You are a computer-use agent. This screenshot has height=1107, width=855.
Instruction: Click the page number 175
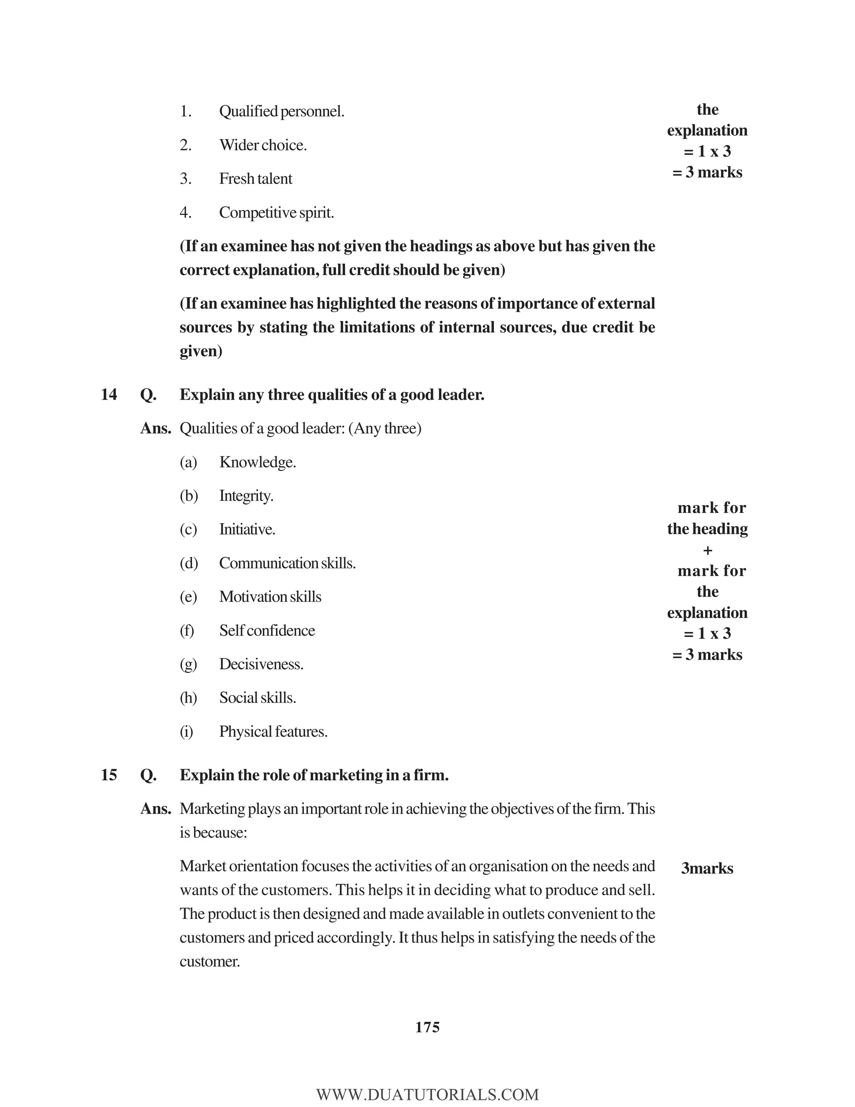tap(427, 1027)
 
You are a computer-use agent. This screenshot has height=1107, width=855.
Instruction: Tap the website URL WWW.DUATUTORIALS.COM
tap(427, 1094)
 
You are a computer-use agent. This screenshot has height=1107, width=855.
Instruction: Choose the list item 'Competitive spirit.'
tap(276, 213)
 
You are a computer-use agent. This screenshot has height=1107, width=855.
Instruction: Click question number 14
tap(109, 394)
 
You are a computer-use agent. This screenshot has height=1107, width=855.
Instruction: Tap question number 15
tap(109, 775)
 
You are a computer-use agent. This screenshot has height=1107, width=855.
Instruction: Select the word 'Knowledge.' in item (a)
tap(257, 462)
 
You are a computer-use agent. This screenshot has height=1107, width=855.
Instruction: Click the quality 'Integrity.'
tap(246, 496)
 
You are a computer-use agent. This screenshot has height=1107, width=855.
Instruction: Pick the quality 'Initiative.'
tap(247, 530)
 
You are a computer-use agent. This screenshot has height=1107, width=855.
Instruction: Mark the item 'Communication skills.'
tap(287, 563)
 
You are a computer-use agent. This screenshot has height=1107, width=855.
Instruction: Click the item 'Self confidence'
tap(267, 630)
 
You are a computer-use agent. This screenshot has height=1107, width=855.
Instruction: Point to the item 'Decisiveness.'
tap(261, 665)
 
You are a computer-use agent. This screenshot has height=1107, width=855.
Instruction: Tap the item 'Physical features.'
tap(273, 732)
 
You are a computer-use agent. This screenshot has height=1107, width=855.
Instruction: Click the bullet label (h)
tap(188, 698)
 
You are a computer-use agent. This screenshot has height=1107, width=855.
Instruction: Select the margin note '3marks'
tap(707, 868)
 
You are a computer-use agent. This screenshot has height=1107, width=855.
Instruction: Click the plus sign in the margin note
tap(708, 550)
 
